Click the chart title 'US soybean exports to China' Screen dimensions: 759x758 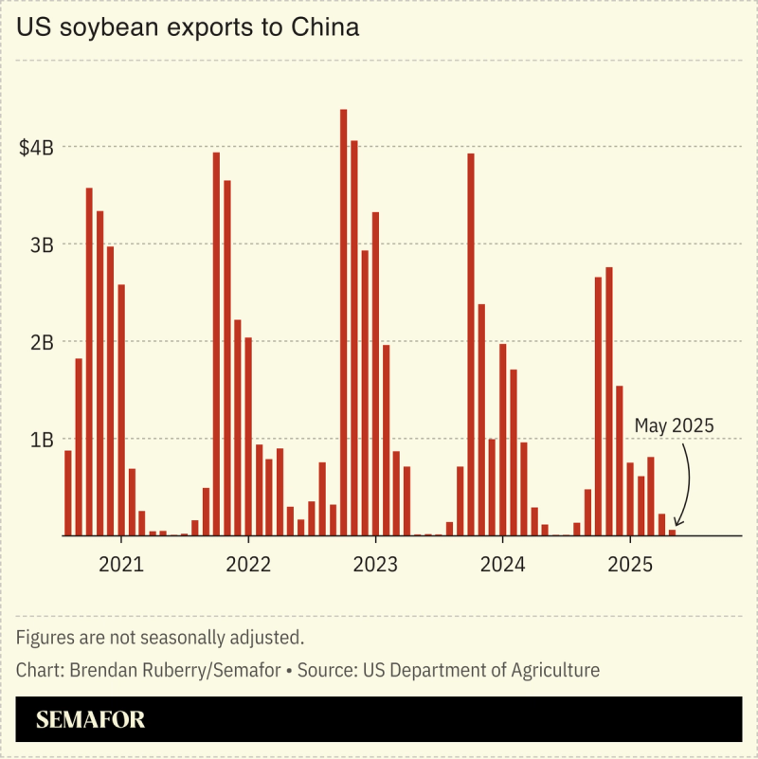point(188,28)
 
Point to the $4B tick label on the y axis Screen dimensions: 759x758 point(36,148)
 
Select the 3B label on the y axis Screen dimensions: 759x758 point(42,244)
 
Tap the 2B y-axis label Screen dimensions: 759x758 point(42,342)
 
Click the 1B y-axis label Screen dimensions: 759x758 point(42,440)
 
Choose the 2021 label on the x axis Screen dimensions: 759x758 point(120,565)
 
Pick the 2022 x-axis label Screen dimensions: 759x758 point(247,565)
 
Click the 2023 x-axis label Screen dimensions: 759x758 point(374,565)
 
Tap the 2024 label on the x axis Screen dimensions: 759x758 point(502,565)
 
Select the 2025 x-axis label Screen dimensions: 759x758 point(629,565)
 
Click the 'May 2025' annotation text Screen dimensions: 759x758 point(674,425)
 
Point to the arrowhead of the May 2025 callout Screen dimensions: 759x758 point(678,527)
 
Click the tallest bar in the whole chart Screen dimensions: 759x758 point(343,322)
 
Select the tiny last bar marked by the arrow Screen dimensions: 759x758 point(672,533)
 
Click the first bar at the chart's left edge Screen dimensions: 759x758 point(67,493)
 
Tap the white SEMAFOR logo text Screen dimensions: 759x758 point(91,720)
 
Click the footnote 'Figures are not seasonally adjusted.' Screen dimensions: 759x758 point(159,637)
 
